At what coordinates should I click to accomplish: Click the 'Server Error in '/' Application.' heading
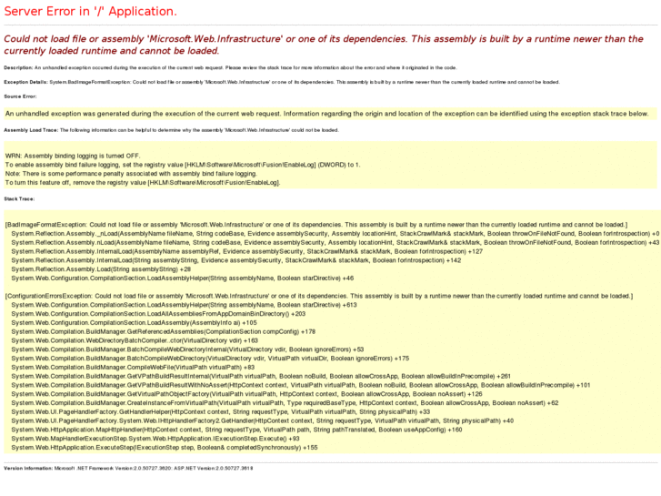pyautogui.click(x=90, y=12)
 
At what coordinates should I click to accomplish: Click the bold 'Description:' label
pyautogui.click(x=18, y=67)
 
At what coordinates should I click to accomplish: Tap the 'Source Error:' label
pyautogui.click(x=20, y=96)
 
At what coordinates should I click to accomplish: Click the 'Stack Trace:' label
pyautogui.click(x=19, y=197)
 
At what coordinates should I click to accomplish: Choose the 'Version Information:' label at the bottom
pyautogui.click(x=28, y=468)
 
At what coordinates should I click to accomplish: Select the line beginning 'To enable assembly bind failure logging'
pyautogui.click(x=183, y=165)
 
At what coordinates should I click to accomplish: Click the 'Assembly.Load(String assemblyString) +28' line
pyautogui.click(x=101, y=269)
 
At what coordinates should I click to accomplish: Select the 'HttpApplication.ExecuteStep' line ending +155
pyautogui.click(x=165, y=448)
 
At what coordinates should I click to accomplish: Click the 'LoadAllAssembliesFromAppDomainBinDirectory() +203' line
pyautogui.click(x=145, y=313)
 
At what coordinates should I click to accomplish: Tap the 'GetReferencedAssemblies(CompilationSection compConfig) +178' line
pyautogui.click(x=164, y=331)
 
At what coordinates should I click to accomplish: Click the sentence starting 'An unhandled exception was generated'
pyautogui.click(x=327, y=114)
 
